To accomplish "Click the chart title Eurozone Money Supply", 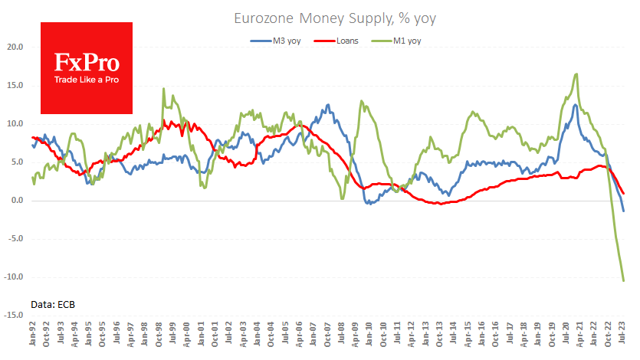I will pos(320,16).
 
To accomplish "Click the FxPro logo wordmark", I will pos(85,61).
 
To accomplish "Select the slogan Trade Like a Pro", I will pos(85,80).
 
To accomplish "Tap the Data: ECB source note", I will pos(53,304).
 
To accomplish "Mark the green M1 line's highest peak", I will pos(576,74).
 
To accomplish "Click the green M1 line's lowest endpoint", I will pos(623,281).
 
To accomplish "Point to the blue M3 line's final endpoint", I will pos(623,211).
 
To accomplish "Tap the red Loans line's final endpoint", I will pos(623,193).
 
